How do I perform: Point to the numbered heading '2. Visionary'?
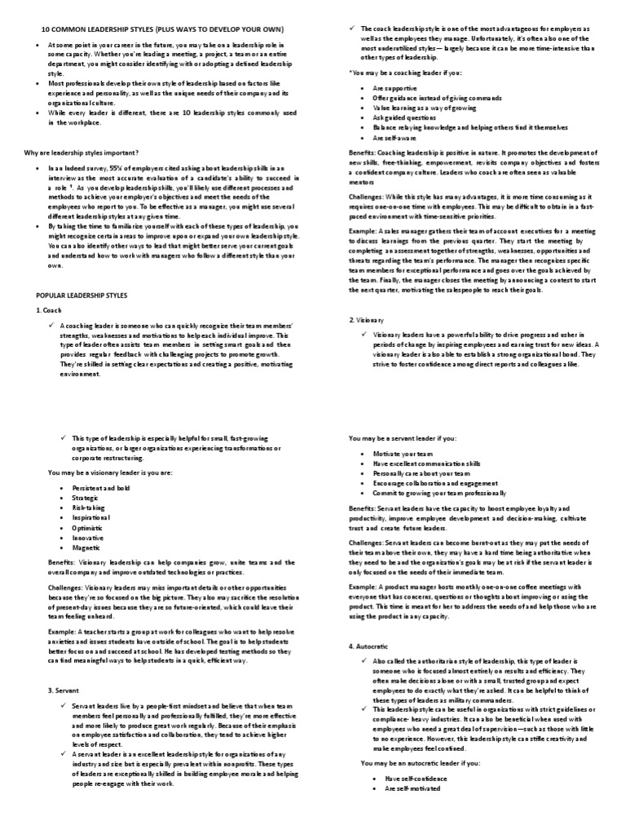click(367, 321)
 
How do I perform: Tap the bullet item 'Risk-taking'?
click(90, 507)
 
